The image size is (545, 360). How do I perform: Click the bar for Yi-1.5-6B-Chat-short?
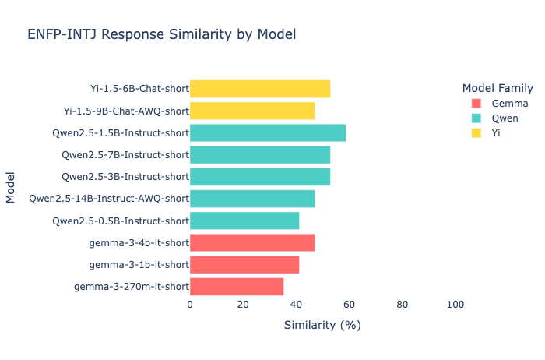click(260, 89)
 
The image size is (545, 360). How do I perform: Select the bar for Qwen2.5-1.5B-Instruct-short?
click(268, 132)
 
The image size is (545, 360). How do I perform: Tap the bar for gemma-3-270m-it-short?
click(237, 286)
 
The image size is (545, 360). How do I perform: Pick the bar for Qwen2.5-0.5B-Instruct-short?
click(244, 221)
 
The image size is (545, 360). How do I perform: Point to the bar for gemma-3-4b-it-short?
click(252, 242)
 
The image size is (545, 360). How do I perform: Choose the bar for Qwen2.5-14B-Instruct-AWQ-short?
click(252, 199)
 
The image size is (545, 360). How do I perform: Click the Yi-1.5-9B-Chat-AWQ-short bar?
click(252, 111)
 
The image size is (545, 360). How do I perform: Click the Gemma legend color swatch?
click(476, 103)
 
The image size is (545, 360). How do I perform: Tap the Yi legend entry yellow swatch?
click(476, 133)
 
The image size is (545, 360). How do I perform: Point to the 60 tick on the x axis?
click(349, 305)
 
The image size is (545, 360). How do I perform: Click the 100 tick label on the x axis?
click(455, 305)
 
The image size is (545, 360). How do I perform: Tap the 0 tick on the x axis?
click(190, 305)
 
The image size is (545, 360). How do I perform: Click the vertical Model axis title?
click(11, 188)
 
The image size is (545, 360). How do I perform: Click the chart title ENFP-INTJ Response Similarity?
click(161, 35)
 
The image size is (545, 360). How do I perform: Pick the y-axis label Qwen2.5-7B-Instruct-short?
click(125, 154)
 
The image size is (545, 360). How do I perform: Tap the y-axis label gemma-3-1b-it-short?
click(139, 264)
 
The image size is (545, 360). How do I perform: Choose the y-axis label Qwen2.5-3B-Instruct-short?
click(125, 177)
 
